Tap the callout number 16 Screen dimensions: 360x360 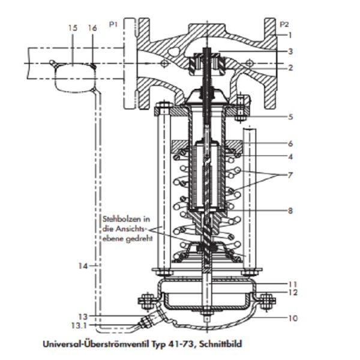point(92,28)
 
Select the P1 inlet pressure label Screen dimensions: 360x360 point(113,25)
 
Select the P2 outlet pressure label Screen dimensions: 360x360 point(286,25)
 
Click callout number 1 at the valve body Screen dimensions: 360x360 point(290,35)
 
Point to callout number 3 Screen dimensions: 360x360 point(290,52)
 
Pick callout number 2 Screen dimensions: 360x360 point(290,68)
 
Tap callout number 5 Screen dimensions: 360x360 point(290,116)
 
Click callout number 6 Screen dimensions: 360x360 point(290,144)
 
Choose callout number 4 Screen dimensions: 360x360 point(290,158)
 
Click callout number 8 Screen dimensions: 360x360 point(290,211)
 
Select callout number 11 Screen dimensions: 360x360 point(292,284)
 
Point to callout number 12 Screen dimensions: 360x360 point(292,293)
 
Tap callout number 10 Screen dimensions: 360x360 point(292,318)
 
